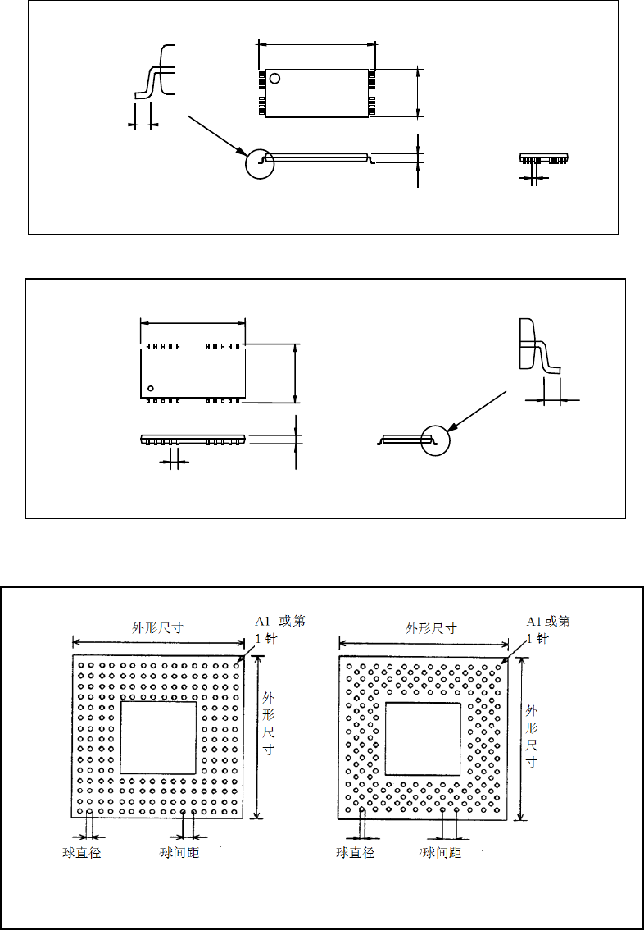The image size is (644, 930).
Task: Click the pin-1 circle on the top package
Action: pyautogui.click(x=275, y=79)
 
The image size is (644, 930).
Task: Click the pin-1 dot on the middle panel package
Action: pyautogui.click(x=151, y=387)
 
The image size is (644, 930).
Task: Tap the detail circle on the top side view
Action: pyautogui.click(x=260, y=163)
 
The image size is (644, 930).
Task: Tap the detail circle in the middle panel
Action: pyautogui.click(x=436, y=440)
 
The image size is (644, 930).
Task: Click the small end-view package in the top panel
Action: pyautogui.click(x=543, y=157)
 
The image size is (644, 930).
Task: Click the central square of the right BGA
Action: pyautogui.click(x=423, y=739)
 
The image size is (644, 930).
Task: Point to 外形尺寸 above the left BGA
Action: pyautogui.click(x=157, y=628)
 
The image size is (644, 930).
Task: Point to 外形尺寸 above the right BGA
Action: pyautogui.click(x=432, y=629)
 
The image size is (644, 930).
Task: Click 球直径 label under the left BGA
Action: pyautogui.click(x=81, y=853)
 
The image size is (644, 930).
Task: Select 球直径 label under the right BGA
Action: pyautogui.click(x=356, y=853)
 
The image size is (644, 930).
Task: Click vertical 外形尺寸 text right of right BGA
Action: pyautogui.click(x=532, y=736)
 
